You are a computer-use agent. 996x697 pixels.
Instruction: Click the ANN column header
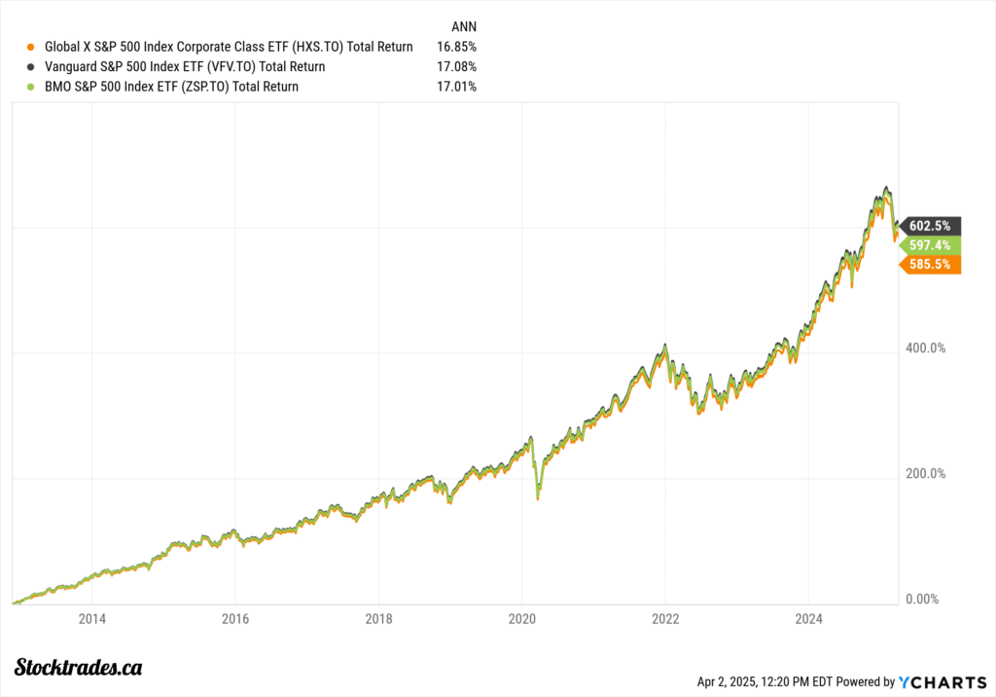coord(465,25)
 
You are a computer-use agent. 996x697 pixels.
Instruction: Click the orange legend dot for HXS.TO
coord(32,47)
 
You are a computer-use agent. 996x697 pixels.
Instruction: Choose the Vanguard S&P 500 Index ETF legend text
coord(185,67)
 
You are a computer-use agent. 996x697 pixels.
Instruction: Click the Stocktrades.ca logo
coord(80,667)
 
